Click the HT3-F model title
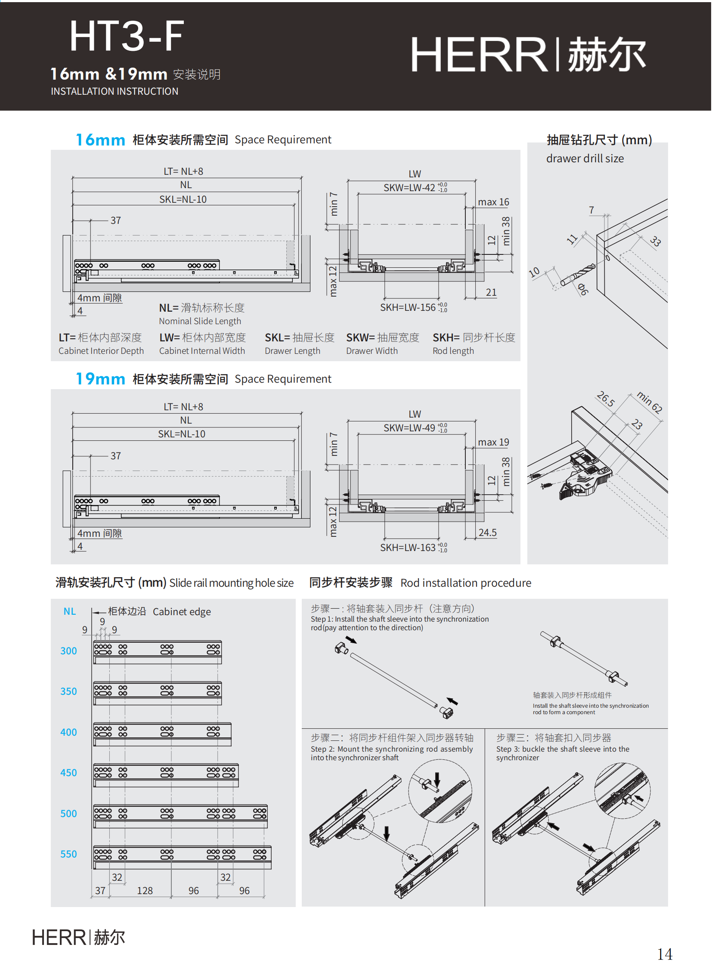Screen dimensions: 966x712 (127, 36)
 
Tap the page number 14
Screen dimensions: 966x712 (664, 954)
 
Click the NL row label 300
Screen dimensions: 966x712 (68, 650)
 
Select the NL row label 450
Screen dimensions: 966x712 (68, 772)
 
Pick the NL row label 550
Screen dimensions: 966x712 (68, 854)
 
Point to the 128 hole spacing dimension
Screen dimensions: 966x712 (145, 891)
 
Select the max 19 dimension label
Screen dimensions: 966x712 (493, 442)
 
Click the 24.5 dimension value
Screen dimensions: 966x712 (487, 533)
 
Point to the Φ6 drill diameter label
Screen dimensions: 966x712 (582, 289)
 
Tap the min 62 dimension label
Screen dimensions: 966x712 (650, 402)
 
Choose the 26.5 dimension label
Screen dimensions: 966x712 (606, 399)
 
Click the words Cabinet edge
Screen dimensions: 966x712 (182, 612)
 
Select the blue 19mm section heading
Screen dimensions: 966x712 (100, 378)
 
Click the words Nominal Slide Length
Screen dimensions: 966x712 (200, 321)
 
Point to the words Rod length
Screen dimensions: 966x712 (453, 351)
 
